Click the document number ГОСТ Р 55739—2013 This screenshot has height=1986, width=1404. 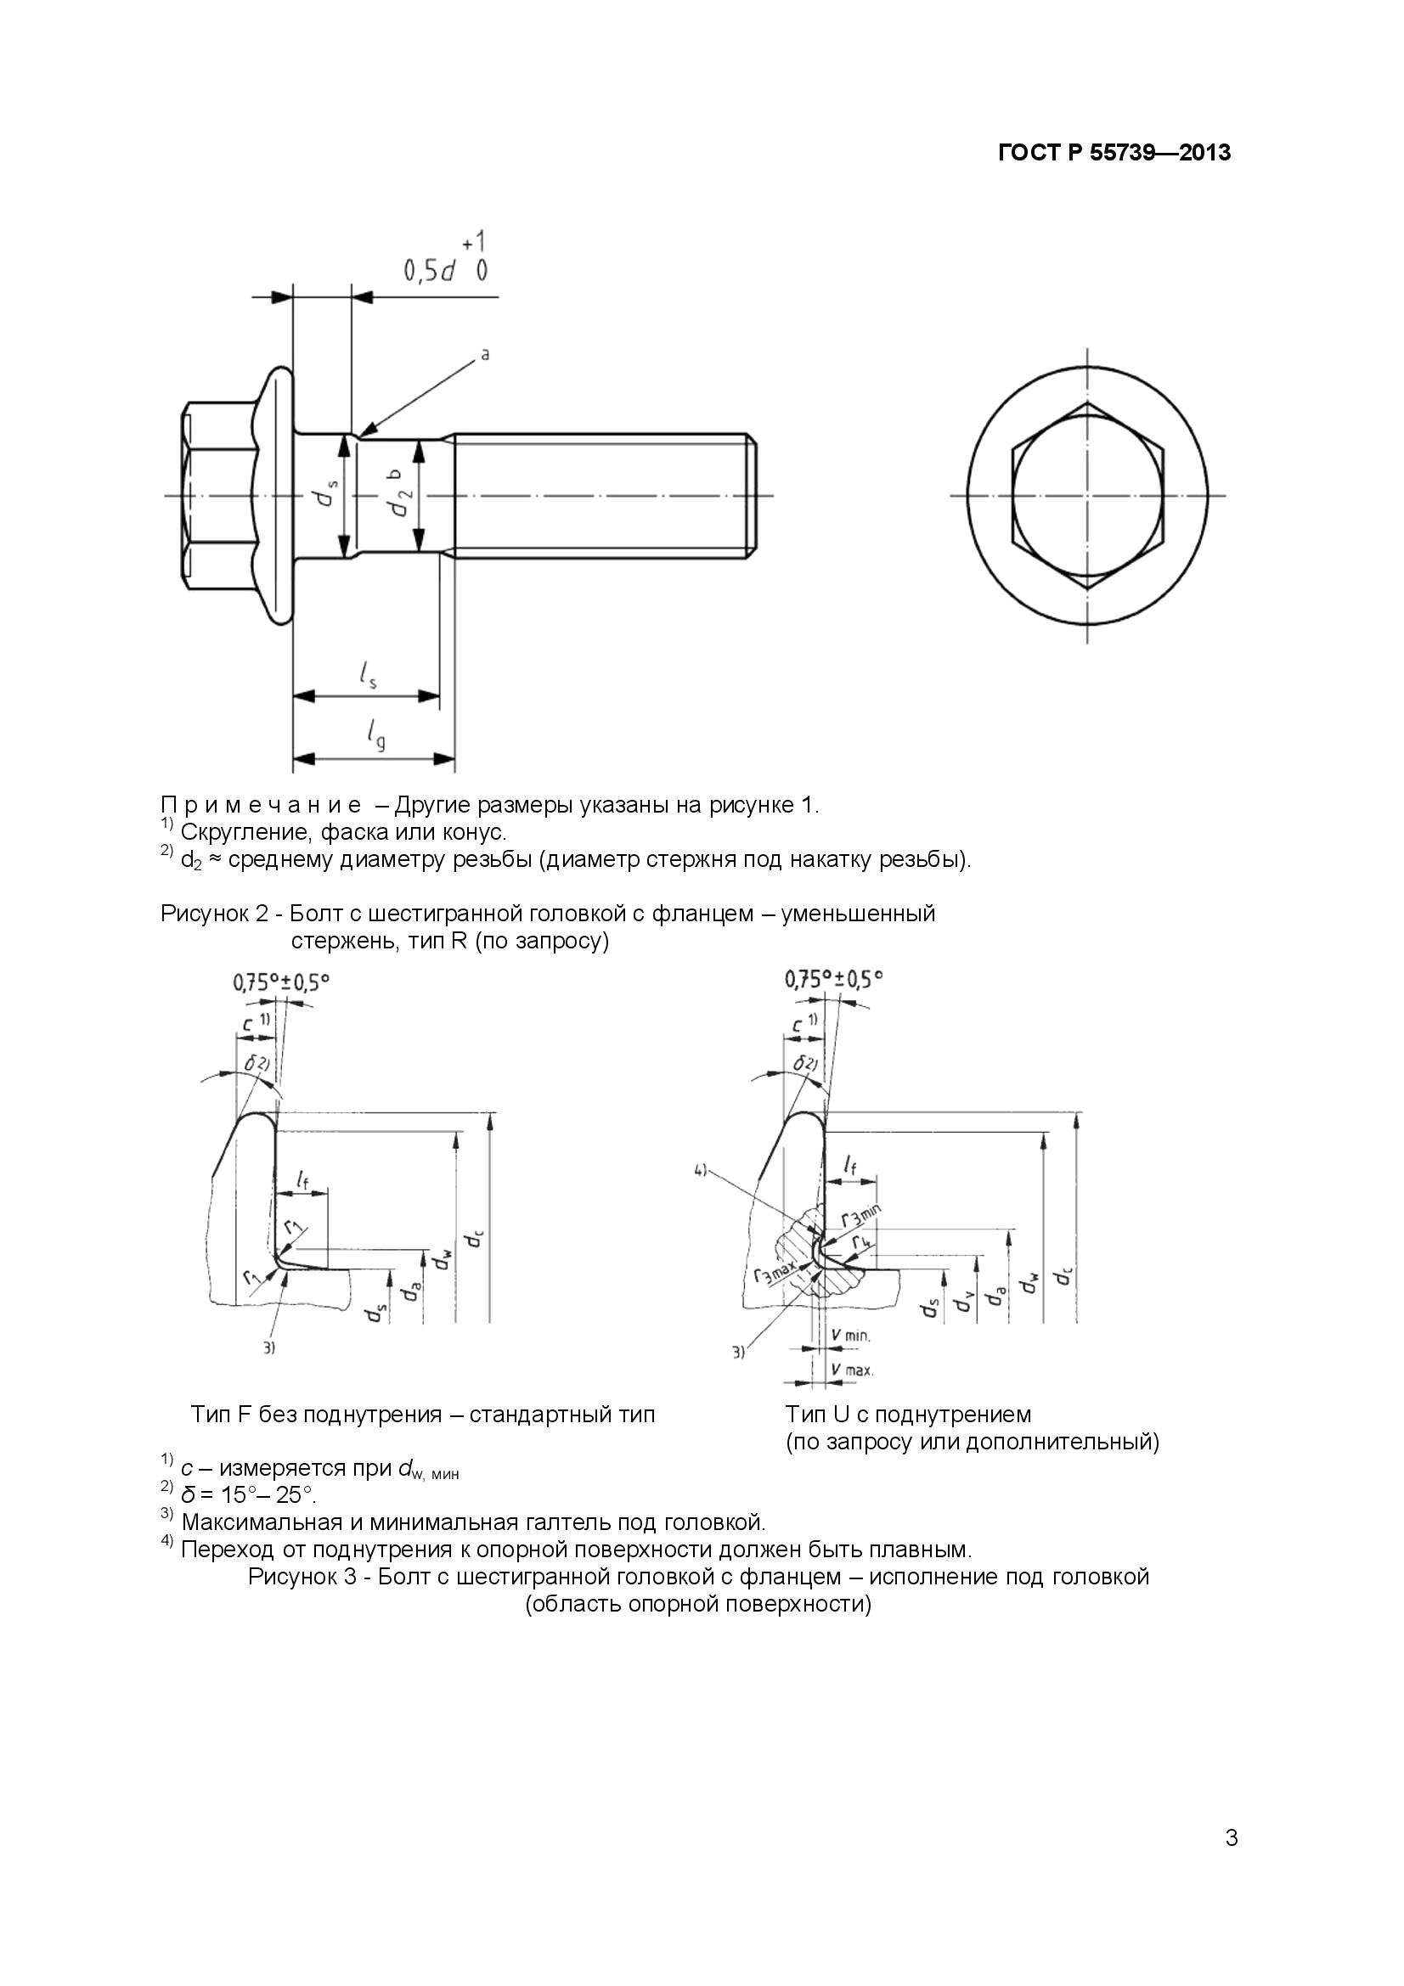pyautogui.click(x=1114, y=153)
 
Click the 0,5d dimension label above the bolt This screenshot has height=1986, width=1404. pyautogui.click(x=430, y=272)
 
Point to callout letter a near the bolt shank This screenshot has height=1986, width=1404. pyautogui.click(x=484, y=354)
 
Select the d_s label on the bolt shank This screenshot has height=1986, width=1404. pyautogui.click(x=326, y=496)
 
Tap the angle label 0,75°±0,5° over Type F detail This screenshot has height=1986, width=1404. pyautogui.click(x=281, y=982)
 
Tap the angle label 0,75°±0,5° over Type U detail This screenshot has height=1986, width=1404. pyautogui.click(x=834, y=979)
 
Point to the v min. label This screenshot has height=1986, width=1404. pyautogui.click(x=849, y=1336)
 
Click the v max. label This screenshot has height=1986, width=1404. pyautogui.click(x=851, y=1370)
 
